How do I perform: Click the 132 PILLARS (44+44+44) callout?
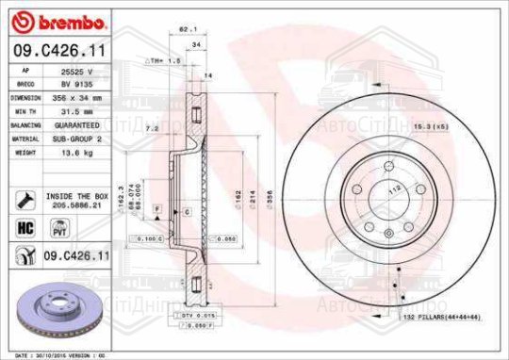442,318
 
